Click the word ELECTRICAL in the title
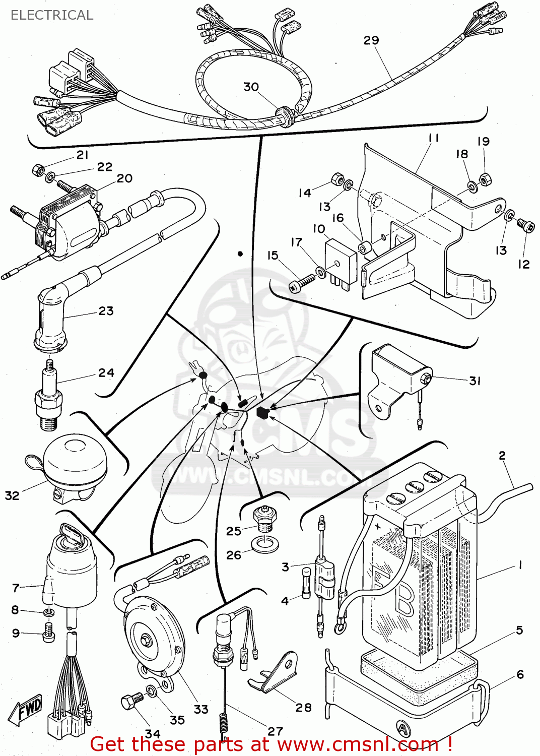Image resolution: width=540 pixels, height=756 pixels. coord(52,15)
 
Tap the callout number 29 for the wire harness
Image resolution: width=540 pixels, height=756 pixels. coord(371,40)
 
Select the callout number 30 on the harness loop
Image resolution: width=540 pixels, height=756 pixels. coord(251,87)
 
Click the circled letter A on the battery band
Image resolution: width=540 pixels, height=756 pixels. coord(402,728)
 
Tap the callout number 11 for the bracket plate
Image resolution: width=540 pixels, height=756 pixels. coord(434,138)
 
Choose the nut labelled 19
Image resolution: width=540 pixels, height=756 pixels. coord(485,179)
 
